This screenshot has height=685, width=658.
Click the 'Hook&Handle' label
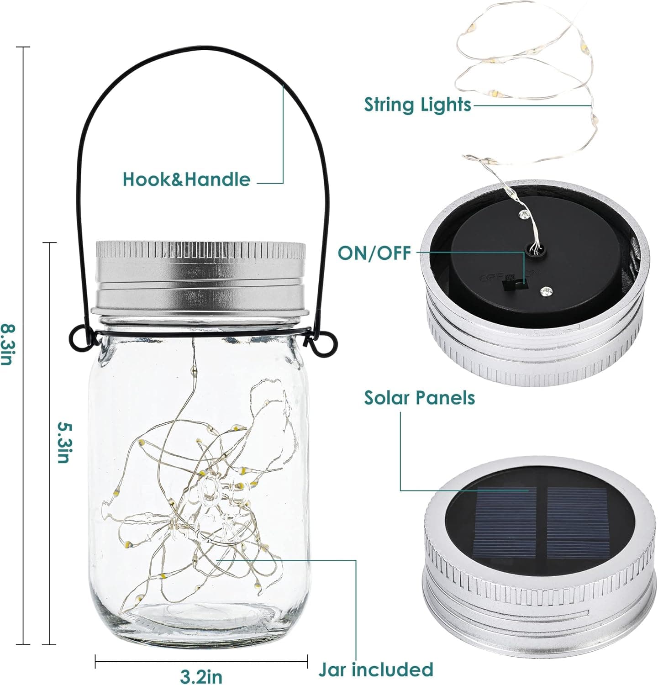point(187,179)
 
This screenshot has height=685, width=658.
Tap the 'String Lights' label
point(417,105)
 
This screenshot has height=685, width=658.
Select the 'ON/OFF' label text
point(374,253)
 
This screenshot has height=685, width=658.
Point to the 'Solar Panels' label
point(419,398)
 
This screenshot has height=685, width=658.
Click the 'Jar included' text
point(375,669)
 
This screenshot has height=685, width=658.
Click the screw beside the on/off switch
point(545,290)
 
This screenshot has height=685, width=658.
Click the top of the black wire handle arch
point(201,47)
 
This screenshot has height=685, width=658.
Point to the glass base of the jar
point(201,621)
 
